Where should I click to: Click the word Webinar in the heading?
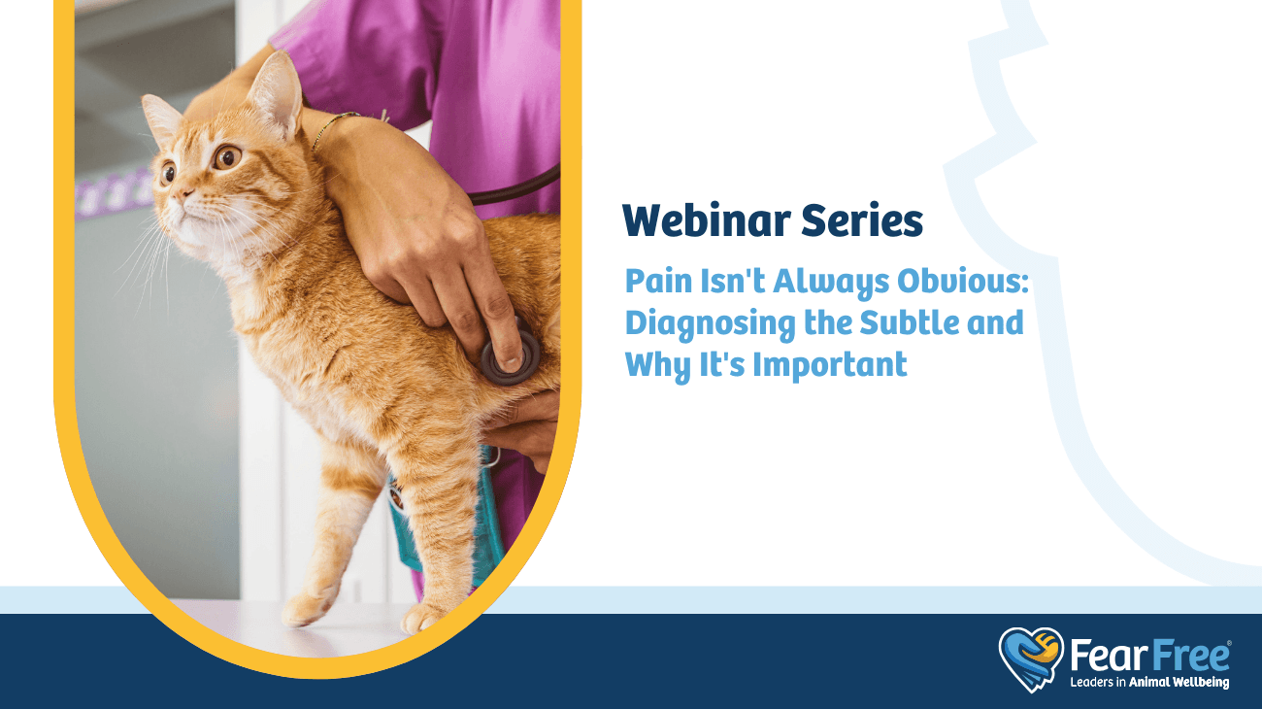(707, 219)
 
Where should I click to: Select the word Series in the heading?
(862, 219)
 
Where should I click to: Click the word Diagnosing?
(710, 324)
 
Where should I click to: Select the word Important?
(830, 365)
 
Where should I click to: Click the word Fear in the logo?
(1109, 656)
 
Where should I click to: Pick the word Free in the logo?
(1189, 656)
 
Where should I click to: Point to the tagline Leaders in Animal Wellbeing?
(1149, 683)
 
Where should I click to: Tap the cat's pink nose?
(183, 195)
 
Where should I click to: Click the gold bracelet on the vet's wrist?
(336, 127)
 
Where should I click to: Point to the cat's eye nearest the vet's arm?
(227, 157)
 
